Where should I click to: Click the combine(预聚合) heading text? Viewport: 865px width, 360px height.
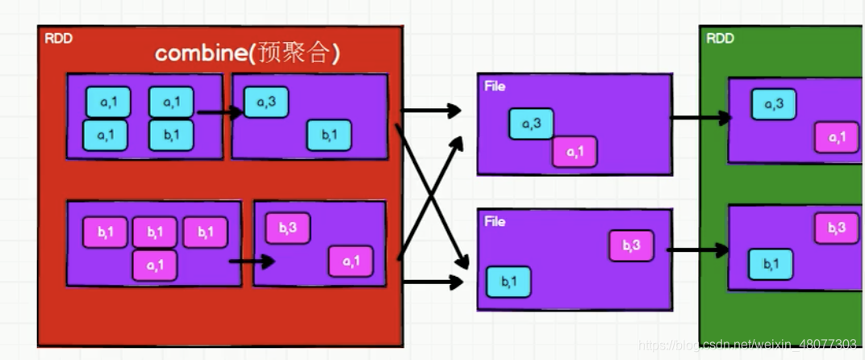(x=247, y=53)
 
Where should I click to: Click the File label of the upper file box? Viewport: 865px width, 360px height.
(x=495, y=86)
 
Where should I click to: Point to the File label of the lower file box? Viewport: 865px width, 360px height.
(x=495, y=220)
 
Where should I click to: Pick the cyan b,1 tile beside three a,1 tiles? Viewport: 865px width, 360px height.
(x=171, y=135)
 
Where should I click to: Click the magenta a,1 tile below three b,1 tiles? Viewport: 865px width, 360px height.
(x=154, y=265)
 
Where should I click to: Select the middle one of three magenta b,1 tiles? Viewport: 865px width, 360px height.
(x=154, y=232)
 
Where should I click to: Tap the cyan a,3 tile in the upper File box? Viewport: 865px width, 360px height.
(x=531, y=123)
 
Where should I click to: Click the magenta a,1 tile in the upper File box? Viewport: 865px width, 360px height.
(x=575, y=152)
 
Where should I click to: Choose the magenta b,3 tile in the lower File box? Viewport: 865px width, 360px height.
(x=631, y=245)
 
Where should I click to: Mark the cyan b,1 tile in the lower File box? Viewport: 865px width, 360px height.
(x=508, y=282)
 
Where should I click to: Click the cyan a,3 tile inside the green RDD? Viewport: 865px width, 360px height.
(x=774, y=104)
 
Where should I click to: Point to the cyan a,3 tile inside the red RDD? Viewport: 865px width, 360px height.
(x=265, y=102)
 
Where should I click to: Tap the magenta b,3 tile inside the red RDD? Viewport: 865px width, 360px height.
(x=288, y=228)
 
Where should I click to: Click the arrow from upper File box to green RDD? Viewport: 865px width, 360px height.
(x=700, y=118)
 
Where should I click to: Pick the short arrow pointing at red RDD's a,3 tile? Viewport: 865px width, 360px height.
(x=219, y=112)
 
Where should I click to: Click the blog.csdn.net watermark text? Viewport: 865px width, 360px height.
(x=746, y=345)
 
